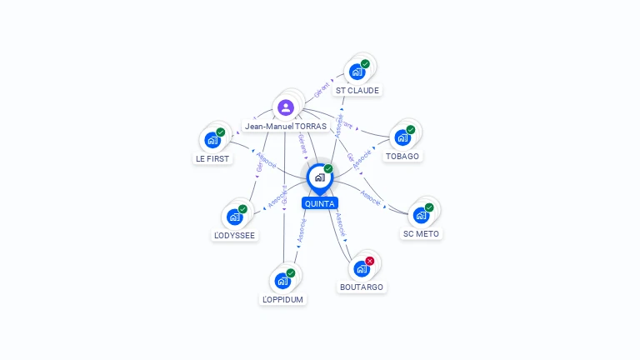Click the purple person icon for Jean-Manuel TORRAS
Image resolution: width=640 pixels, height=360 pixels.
pyautogui.click(x=286, y=107)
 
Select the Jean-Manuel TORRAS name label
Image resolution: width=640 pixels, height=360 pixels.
pyautogui.click(x=286, y=127)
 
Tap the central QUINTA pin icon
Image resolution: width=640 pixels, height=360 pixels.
pyautogui.click(x=319, y=177)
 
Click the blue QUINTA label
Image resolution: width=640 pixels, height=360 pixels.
pyautogui.click(x=320, y=203)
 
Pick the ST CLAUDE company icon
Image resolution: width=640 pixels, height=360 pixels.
pyautogui.click(x=357, y=72)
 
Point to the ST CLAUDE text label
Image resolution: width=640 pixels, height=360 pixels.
pyautogui.click(x=357, y=90)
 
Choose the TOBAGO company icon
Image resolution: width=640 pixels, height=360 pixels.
pyautogui.click(x=403, y=137)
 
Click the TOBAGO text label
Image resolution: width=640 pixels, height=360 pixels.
pyautogui.click(x=403, y=156)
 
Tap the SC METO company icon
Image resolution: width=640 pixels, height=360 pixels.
pyautogui.click(x=422, y=215)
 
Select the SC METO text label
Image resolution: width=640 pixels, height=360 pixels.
pyautogui.click(x=421, y=234)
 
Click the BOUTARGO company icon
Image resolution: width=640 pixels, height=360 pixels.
pyautogui.click(x=362, y=268)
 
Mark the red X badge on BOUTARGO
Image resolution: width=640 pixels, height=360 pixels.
pyautogui.click(x=370, y=261)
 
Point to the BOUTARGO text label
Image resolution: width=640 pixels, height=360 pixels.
pyautogui.click(x=362, y=287)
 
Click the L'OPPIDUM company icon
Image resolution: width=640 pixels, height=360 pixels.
pyautogui.click(x=282, y=280)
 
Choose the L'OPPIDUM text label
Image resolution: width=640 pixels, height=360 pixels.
pyautogui.click(x=283, y=299)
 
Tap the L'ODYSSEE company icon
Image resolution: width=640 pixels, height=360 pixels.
pyautogui.click(x=235, y=217)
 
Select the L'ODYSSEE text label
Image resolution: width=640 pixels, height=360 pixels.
pyautogui.click(x=235, y=236)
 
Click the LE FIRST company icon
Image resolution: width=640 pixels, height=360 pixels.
pyautogui.click(x=212, y=139)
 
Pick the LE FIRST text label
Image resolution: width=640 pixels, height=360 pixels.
pyautogui.click(x=212, y=158)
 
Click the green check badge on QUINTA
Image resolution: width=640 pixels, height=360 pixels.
pyautogui.click(x=328, y=169)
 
